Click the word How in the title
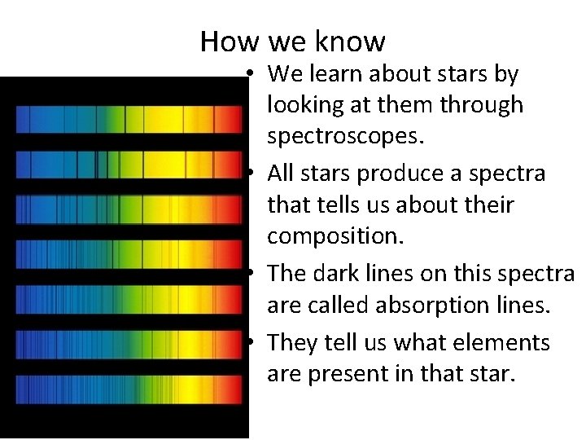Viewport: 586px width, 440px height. [x=221, y=41]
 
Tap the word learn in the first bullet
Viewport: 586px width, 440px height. [x=337, y=74]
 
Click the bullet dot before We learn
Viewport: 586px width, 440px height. [x=256, y=75]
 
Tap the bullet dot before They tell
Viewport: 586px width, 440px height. [x=256, y=343]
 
